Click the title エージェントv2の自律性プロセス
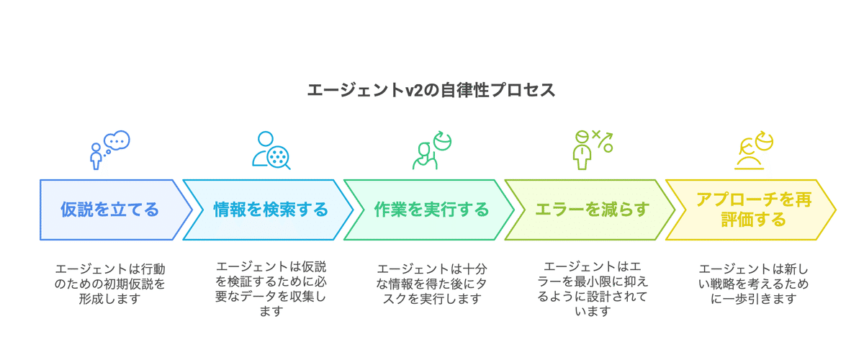coord(431,91)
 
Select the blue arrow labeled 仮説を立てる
coord(109,210)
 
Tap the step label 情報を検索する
coord(271,210)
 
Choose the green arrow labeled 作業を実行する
coord(431,210)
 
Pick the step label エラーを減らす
coord(593,210)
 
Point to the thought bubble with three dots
coord(117,140)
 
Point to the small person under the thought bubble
coord(96,156)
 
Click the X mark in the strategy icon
coord(596,135)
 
